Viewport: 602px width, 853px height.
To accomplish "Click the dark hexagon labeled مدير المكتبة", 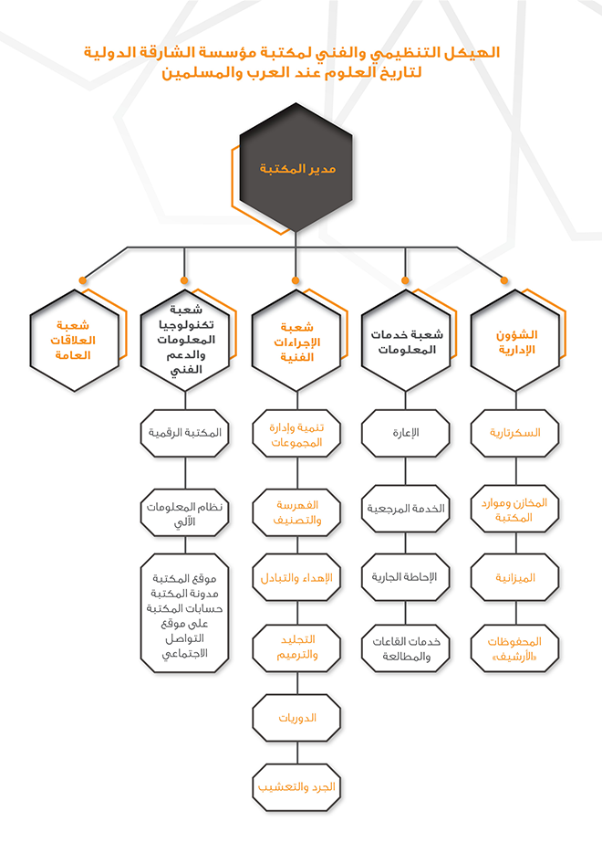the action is pyautogui.click(x=296, y=167).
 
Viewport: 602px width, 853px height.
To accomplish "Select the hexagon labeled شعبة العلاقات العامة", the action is pyautogui.click(x=74, y=341).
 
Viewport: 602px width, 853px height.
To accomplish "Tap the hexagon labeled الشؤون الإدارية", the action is pyautogui.click(x=515, y=341).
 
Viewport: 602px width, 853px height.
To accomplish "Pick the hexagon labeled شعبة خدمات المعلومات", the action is pyautogui.click(x=406, y=341).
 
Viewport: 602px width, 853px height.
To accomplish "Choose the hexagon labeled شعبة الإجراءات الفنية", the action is pyautogui.click(x=296, y=341).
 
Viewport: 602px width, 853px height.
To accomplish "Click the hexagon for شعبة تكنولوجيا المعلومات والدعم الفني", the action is pyautogui.click(x=185, y=341).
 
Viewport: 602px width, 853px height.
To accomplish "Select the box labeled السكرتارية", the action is pyautogui.click(x=514, y=433).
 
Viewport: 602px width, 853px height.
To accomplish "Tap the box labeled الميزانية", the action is pyautogui.click(x=514, y=577).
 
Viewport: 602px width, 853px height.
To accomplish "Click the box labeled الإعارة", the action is pyautogui.click(x=405, y=433).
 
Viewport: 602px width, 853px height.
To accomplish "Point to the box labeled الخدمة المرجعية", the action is pyautogui.click(x=405, y=509).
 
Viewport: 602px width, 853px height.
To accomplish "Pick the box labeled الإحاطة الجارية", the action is pyautogui.click(x=405, y=577).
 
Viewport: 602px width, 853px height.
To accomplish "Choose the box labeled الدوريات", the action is pyautogui.click(x=296, y=718).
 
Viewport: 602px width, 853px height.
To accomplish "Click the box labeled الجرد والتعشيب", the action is pyautogui.click(x=296, y=787).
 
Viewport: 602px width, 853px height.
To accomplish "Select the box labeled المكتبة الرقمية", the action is pyautogui.click(x=185, y=433).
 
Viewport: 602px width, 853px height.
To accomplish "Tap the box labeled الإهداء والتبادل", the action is pyautogui.click(x=296, y=577).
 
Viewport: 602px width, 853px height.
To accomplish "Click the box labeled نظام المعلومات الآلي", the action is pyautogui.click(x=185, y=513).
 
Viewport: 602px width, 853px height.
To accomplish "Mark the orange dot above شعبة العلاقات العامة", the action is pyautogui.click(x=83, y=280).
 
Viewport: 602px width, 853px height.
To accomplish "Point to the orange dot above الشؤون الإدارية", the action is pyautogui.click(x=504, y=280).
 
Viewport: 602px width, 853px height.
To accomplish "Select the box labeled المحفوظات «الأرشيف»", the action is pyautogui.click(x=514, y=648).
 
